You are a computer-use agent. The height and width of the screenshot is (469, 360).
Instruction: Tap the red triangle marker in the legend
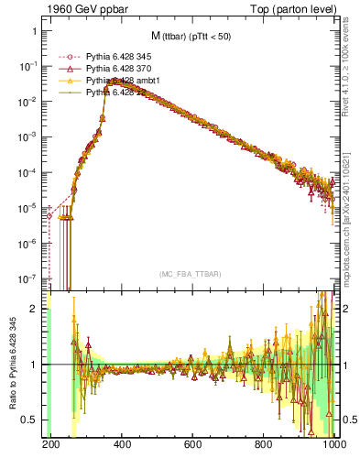click(x=67, y=69)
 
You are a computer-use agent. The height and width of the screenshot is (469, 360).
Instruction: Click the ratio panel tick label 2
click(x=37, y=309)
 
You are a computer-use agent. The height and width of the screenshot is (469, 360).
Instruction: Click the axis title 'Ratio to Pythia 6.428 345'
click(x=11, y=364)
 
